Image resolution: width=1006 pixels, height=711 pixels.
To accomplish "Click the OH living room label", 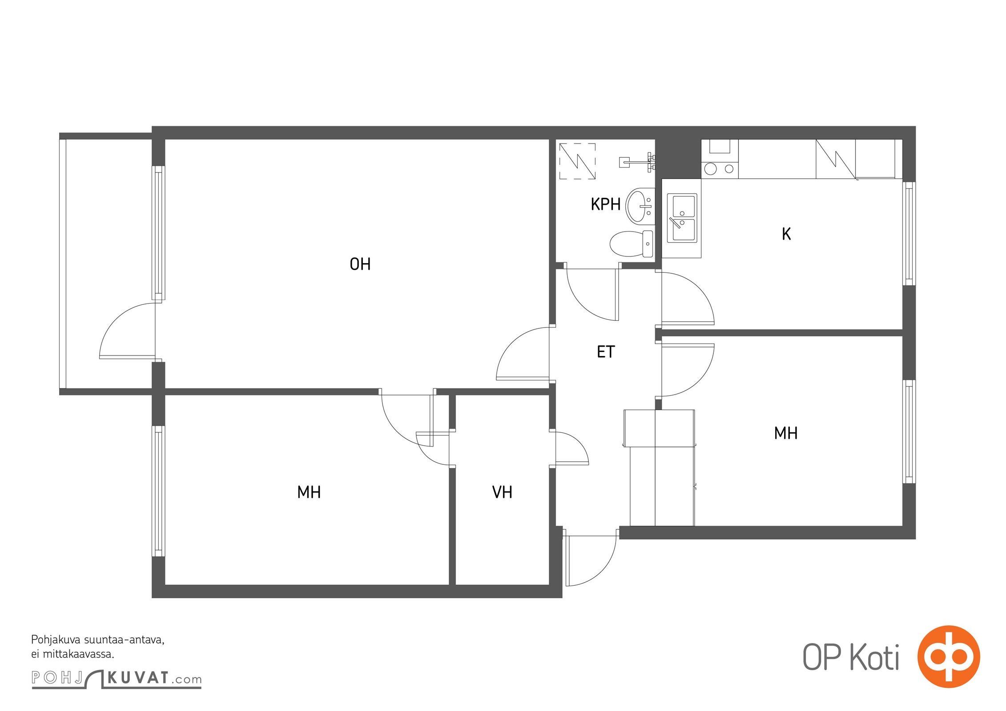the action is tap(360, 264).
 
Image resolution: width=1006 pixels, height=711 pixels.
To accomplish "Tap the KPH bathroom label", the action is tap(605, 204).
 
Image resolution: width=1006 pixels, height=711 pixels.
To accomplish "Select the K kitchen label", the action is tap(786, 234).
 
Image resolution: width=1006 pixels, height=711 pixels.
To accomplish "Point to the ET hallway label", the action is tap(605, 352).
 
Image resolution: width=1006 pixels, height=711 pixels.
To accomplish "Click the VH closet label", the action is tap(502, 492).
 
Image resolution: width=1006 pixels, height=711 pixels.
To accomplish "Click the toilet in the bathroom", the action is tap(631, 244).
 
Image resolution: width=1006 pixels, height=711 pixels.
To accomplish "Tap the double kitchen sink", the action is tap(682, 218).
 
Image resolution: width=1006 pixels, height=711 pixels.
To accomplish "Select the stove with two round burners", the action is tap(720, 168).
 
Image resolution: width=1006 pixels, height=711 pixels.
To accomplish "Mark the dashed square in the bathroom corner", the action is tap(577, 161).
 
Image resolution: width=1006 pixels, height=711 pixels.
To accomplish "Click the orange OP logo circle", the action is tap(949, 656).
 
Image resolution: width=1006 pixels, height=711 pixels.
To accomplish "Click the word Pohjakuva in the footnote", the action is tap(56, 640).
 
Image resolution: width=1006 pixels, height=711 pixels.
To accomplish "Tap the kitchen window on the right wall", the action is tap(909, 233).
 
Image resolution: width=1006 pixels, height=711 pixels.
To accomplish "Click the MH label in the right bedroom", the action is tap(786, 433).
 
